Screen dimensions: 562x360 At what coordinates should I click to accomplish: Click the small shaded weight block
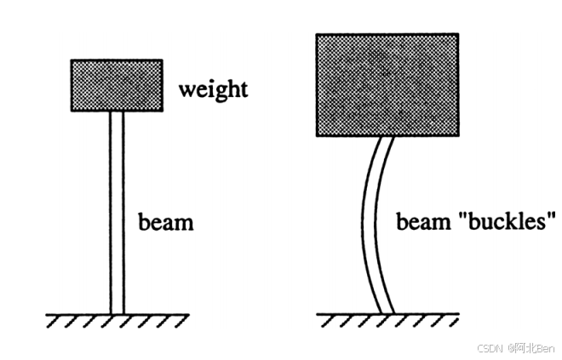point(117,85)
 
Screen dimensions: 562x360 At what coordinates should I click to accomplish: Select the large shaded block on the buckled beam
point(387,85)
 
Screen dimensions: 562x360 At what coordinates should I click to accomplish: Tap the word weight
point(213,89)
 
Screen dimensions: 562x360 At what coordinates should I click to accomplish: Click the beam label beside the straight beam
point(166,223)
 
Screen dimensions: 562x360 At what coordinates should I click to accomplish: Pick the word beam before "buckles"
point(423,223)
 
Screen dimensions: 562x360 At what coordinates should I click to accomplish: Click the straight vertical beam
point(118,213)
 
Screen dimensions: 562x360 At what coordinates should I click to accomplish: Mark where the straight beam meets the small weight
point(118,111)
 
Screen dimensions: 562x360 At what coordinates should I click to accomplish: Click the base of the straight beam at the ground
point(118,312)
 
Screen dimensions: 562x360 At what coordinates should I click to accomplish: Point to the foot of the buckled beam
point(386,311)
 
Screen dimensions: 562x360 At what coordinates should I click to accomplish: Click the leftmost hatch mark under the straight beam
point(52,320)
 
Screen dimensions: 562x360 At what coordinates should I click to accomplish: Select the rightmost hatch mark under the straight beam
point(181,320)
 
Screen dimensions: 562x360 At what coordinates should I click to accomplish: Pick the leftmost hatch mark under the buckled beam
point(323,320)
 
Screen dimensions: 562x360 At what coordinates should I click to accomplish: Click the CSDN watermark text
point(489,348)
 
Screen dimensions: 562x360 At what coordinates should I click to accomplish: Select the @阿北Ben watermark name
point(531,348)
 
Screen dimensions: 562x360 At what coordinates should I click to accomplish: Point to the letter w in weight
point(186,89)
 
